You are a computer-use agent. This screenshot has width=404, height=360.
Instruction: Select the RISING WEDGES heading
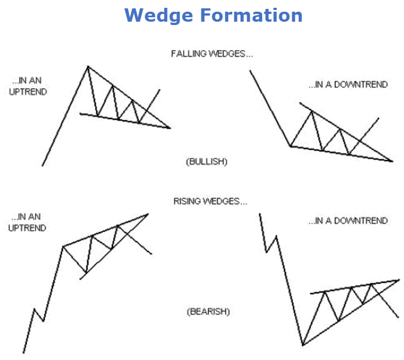tap(210, 201)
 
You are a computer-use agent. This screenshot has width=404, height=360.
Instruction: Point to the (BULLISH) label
tap(206, 161)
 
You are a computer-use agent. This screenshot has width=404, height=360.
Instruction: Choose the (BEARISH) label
tap(208, 312)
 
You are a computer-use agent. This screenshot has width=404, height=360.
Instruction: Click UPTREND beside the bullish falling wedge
tap(28, 91)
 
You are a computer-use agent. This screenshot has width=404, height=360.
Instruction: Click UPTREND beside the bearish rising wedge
tap(27, 228)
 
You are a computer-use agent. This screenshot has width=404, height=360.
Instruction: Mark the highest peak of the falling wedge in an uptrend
tap(87, 67)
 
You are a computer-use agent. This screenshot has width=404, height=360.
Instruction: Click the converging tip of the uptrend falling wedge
tap(170, 127)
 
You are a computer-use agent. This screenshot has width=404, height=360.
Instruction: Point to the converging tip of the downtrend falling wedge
tap(392, 161)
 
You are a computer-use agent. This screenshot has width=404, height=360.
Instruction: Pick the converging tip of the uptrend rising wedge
tap(149, 214)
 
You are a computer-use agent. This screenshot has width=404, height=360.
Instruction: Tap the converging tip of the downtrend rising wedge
tap(399, 279)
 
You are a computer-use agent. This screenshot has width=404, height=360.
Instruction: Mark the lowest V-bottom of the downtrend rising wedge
tap(303, 345)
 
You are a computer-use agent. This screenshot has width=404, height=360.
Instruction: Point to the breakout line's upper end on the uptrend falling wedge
tap(160, 90)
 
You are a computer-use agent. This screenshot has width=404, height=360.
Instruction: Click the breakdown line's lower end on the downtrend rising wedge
tap(398, 317)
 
